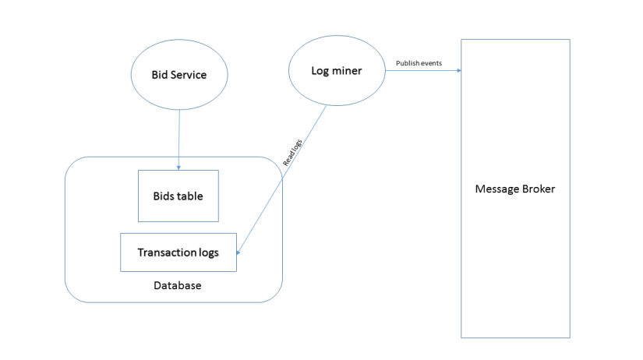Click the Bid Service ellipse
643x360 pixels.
tap(179, 75)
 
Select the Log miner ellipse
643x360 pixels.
tap(337, 71)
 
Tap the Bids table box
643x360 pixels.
tap(178, 196)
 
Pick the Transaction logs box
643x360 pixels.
tap(178, 252)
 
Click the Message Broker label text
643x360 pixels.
tap(515, 189)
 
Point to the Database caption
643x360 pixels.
tap(177, 286)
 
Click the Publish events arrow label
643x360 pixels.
tap(419, 62)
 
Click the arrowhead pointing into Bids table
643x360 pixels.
tap(179, 167)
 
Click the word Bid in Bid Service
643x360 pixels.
tap(161, 75)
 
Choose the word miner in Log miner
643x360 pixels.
tap(349, 71)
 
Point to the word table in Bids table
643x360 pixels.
tap(189, 196)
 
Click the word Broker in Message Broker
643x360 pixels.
tap(539, 189)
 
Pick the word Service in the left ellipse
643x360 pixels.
tap(189, 75)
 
